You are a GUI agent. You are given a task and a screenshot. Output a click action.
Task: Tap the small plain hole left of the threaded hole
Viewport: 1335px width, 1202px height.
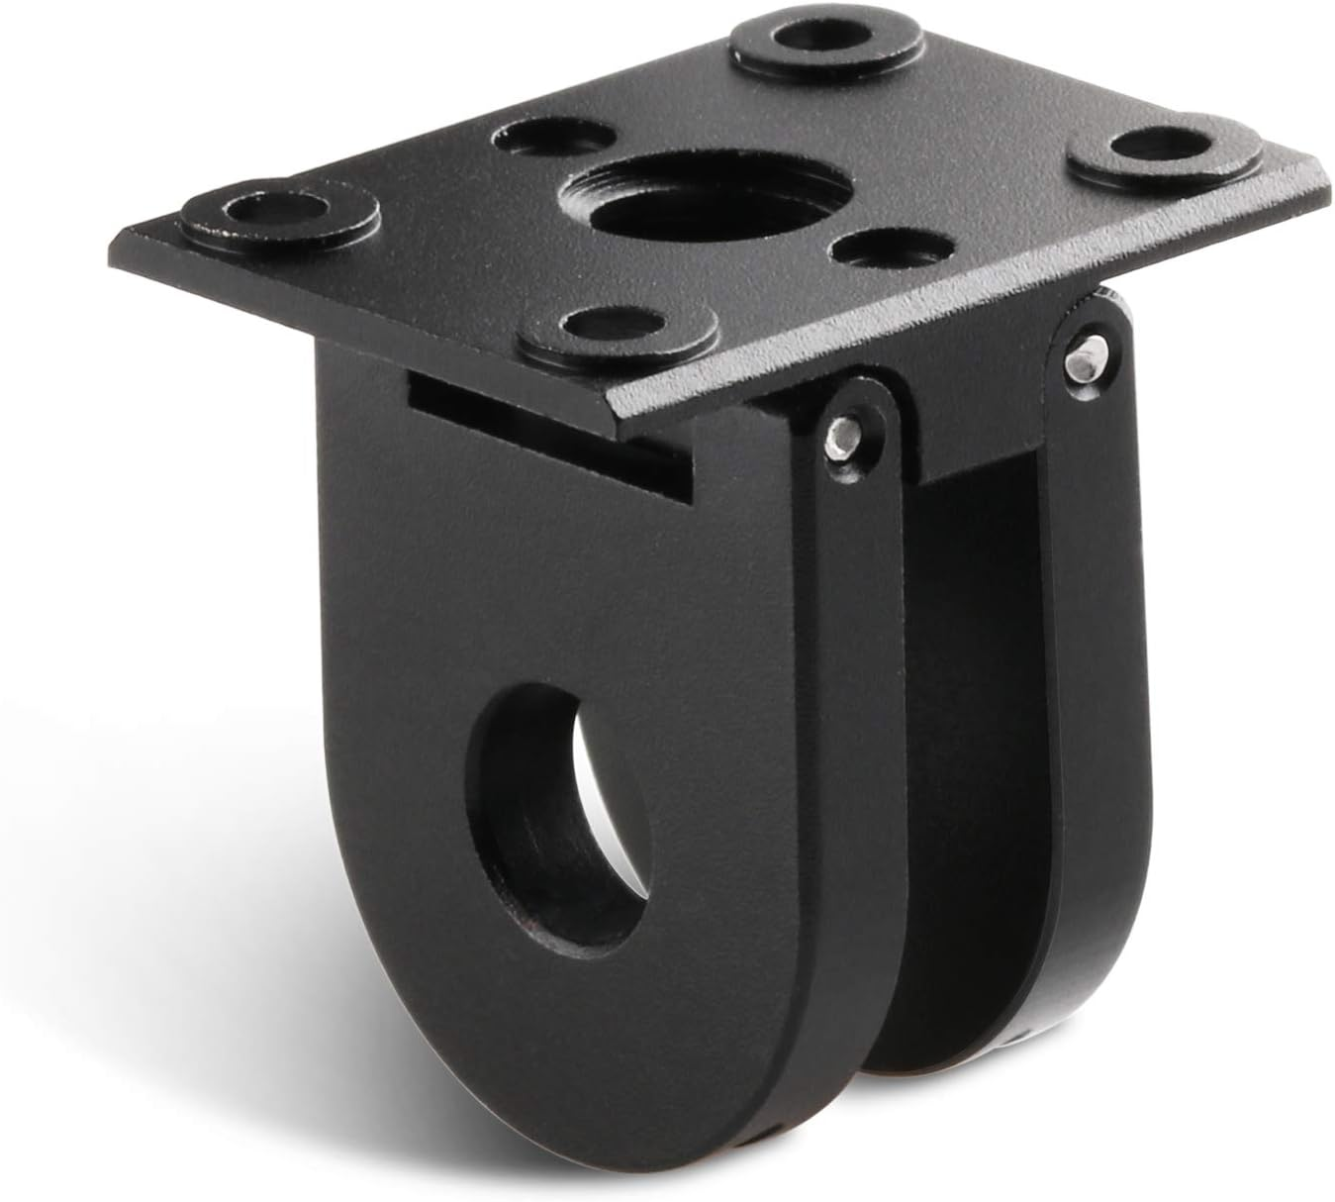[536, 140]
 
